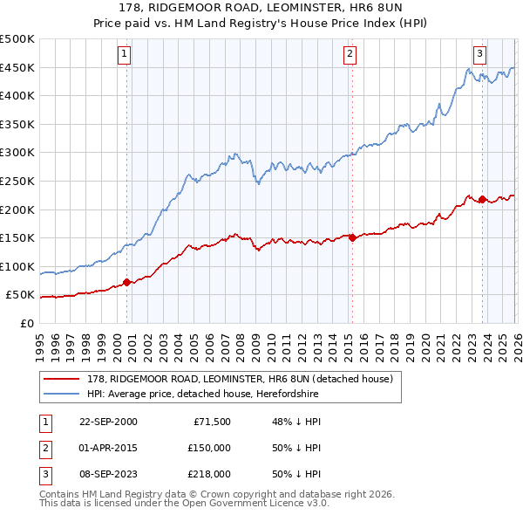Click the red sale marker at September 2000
(x=127, y=282)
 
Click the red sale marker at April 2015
(x=352, y=237)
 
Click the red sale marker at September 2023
(x=482, y=199)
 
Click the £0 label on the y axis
(x=26, y=323)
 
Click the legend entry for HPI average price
(x=202, y=394)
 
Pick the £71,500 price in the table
(x=210, y=422)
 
